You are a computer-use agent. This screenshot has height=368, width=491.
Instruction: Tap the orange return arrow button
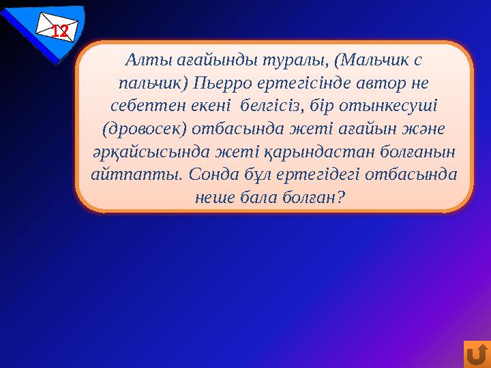pyautogui.click(x=477, y=354)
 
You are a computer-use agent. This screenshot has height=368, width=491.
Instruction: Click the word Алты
pyautogui.click(x=143, y=60)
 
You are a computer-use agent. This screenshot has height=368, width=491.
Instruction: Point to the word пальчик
pyautogui.click(x=146, y=83)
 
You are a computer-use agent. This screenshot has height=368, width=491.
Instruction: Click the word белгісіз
pyautogui.click(x=271, y=106)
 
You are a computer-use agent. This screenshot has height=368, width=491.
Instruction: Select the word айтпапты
pyautogui.click(x=132, y=174)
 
